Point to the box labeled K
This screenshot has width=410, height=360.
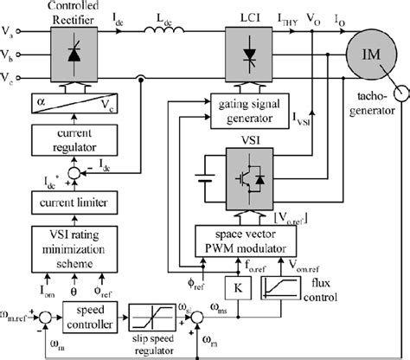234,286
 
